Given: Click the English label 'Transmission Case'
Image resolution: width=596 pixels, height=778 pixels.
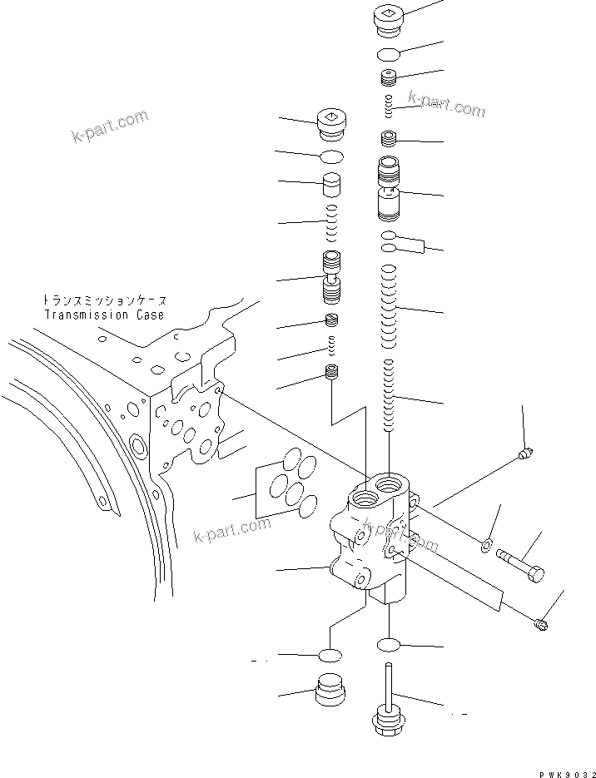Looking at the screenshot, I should coord(104,315).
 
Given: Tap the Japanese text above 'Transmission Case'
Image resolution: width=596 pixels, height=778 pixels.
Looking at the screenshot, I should coord(104,301).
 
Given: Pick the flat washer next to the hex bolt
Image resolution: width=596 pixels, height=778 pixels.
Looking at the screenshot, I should coord(485,546).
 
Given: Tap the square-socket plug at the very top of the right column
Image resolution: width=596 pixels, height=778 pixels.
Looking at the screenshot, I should coord(389,20).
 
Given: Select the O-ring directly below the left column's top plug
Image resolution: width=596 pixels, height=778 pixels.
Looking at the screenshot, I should coord(331,156).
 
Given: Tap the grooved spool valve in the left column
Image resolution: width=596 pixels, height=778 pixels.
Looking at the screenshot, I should coord(331,278).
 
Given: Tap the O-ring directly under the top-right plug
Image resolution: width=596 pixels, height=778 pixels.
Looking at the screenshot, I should coord(389,55).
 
